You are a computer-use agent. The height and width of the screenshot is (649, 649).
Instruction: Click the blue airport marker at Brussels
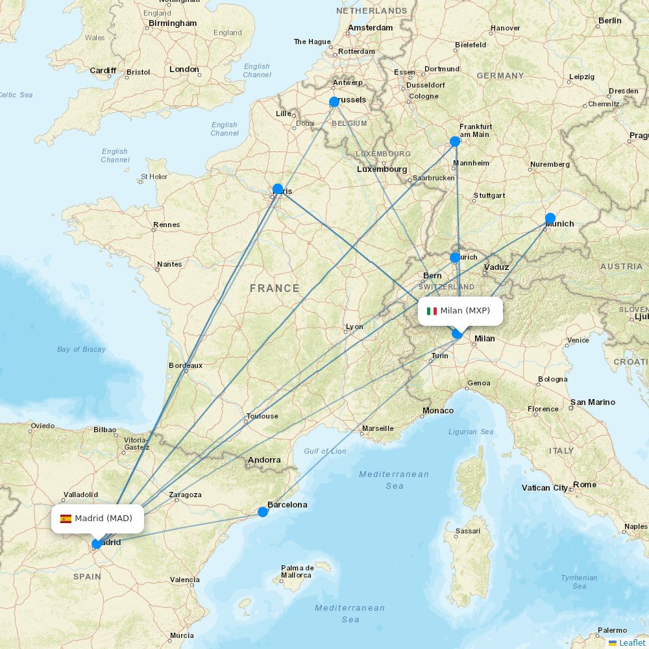pyautogui.click(x=334, y=102)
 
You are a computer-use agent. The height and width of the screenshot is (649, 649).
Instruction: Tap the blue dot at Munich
pyautogui.click(x=550, y=218)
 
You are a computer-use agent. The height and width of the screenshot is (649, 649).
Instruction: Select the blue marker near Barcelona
pyautogui.click(x=263, y=512)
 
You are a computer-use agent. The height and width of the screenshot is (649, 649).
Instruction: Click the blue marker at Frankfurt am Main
pyautogui.click(x=455, y=141)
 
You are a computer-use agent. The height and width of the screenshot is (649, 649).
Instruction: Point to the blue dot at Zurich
pyautogui.click(x=455, y=258)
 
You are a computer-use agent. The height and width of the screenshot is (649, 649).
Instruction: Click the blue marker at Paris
pyautogui.click(x=278, y=190)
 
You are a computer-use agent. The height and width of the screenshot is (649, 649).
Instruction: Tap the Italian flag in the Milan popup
pyautogui.click(x=432, y=311)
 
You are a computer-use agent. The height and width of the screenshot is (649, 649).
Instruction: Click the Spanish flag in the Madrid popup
pyautogui.click(x=66, y=519)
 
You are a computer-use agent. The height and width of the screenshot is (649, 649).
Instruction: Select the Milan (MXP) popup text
pyautogui.click(x=465, y=311)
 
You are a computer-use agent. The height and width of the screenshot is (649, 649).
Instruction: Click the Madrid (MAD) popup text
pyautogui.click(x=103, y=519)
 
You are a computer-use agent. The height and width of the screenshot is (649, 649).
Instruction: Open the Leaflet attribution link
pyautogui.click(x=631, y=643)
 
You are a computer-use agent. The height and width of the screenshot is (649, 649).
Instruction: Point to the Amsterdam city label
pyautogui.click(x=371, y=28)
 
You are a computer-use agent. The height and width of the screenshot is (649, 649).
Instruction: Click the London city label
pyautogui.click(x=184, y=69)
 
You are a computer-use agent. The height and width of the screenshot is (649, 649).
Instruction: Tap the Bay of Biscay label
pyautogui.click(x=81, y=349)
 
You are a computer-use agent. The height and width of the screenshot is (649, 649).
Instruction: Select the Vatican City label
pyautogui.click(x=545, y=488)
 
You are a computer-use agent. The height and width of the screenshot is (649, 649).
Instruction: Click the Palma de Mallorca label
pyautogui.click(x=297, y=571)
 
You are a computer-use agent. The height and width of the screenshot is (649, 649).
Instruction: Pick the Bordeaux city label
pyautogui.click(x=186, y=365)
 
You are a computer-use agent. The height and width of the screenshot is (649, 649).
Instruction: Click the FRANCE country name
pyautogui.click(x=275, y=288)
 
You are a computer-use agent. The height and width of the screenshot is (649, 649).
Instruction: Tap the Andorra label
pyautogui.click(x=264, y=460)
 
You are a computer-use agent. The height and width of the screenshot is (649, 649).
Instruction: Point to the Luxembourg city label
pyautogui.click(x=382, y=169)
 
